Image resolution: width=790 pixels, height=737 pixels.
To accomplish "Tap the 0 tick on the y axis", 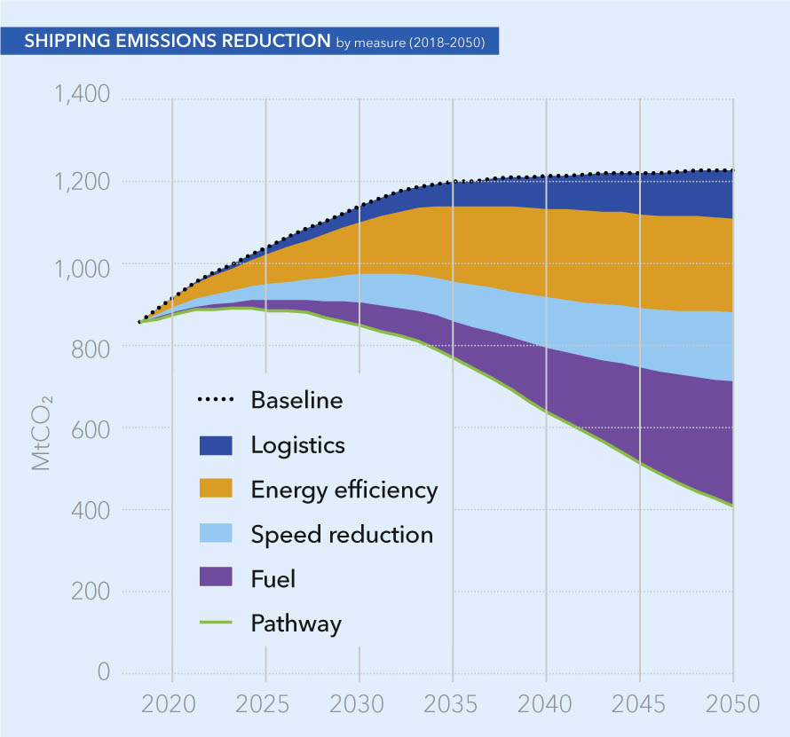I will click(104, 670).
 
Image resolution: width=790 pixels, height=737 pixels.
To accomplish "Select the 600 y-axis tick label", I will click(93, 428).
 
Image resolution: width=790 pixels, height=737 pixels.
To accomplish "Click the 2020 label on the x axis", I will click(171, 705).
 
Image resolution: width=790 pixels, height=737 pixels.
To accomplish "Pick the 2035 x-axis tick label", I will click(453, 705).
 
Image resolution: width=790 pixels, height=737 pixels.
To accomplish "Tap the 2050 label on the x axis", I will click(732, 705).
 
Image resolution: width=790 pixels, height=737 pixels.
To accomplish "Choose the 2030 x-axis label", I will click(359, 705).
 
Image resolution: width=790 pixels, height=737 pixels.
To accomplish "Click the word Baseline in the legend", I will click(296, 400).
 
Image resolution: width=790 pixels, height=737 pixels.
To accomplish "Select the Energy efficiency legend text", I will click(344, 490).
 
